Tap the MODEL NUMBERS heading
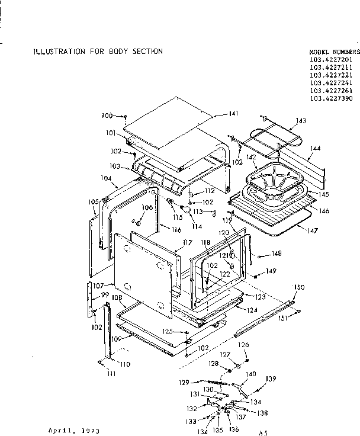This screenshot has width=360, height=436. [334, 52]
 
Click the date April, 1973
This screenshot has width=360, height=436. [73, 428]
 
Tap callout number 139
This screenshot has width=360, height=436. [271, 379]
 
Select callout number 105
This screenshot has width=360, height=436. [93, 202]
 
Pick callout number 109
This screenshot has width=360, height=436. [117, 339]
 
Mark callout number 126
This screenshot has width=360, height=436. [243, 344]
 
